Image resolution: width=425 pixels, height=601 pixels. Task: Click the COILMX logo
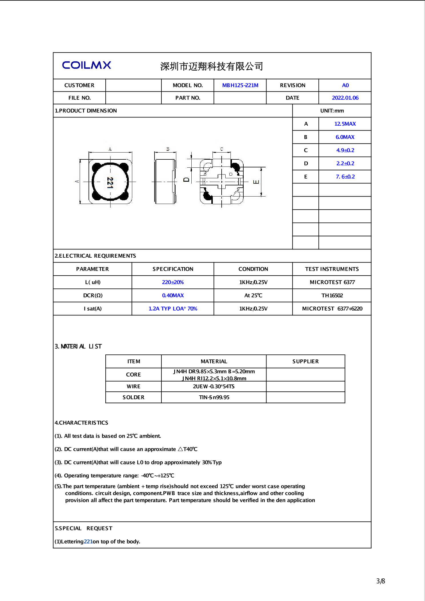[87, 65]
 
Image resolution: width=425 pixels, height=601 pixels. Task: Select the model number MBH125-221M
[240, 85]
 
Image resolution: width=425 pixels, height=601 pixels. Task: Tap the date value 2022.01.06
[345, 98]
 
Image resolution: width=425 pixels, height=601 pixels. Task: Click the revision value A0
[345, 85]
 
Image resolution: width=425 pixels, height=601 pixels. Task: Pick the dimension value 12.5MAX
[345, 124]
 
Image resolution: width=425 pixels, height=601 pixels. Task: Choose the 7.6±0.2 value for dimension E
[345, 177]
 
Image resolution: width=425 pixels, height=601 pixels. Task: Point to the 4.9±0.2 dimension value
[345, 150]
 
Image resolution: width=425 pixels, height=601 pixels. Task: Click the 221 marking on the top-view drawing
[110, 183]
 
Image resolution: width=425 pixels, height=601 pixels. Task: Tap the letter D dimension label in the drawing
[186, 180]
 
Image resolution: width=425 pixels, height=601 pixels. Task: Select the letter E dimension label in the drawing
[256, 182]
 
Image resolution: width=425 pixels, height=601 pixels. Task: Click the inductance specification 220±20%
[173, 282]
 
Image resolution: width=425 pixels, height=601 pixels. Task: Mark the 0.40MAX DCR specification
[173, 295]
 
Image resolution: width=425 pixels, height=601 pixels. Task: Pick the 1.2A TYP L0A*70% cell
[173, 309]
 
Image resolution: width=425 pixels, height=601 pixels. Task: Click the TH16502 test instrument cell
[332, 295]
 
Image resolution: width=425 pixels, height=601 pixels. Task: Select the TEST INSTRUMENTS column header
[332, 269]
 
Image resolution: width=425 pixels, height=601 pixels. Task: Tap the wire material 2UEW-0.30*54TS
[214, 386]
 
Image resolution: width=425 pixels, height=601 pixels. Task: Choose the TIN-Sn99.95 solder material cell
[214, 397]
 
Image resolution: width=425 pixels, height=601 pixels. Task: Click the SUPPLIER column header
[305, 361]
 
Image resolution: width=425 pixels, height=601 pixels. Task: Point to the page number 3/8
[380, 581]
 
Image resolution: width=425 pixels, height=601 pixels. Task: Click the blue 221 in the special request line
[88, 542]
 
